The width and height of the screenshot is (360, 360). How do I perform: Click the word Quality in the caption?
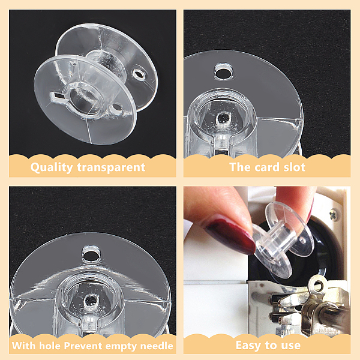click(x=52, y=167)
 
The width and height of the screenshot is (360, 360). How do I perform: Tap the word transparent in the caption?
click(x=111, y=167)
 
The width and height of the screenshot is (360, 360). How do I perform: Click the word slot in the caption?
click(x=295, y=167)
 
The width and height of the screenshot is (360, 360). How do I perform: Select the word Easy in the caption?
click(x=249, y=346)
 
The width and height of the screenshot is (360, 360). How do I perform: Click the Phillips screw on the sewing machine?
click(x=334, y=215)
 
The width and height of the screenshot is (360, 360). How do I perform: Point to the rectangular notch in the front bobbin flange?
click(x=57, y=96)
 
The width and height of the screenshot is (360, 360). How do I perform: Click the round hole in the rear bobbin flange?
click(x=139, y=74)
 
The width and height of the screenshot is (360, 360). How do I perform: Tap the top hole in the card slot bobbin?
click(x=223, y=73)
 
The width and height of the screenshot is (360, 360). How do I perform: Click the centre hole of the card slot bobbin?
click(x=223, y=118)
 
